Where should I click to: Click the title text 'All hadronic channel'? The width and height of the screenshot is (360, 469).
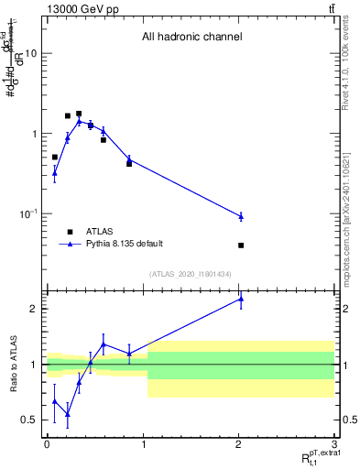191,38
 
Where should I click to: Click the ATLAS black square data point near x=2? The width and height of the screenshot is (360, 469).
241,245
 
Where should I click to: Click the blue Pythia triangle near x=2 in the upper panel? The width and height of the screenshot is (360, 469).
241,216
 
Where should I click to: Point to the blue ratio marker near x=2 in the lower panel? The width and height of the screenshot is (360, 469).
241,299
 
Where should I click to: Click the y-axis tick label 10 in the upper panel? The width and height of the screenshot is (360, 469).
30,53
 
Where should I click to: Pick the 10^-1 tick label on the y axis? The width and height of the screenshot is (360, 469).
28,214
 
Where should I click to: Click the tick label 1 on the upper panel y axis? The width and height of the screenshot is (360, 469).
34,134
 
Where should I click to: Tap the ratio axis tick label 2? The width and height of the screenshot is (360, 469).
34,309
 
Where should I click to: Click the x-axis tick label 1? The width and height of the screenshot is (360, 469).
143,444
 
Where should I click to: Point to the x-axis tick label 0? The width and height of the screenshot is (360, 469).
47,444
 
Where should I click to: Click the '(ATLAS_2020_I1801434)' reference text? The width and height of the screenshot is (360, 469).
191,274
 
